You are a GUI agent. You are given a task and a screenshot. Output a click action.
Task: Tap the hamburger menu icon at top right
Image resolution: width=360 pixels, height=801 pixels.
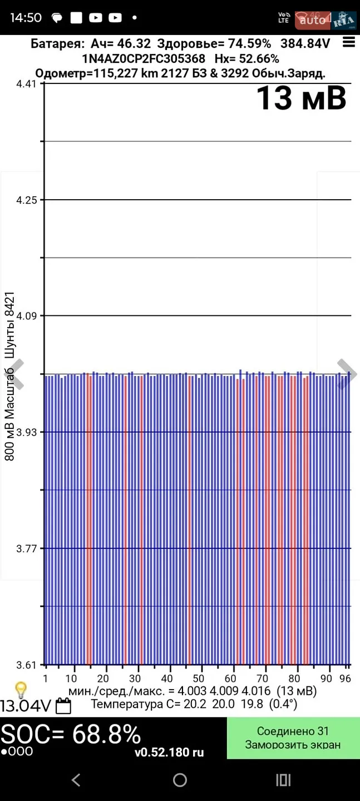point(348,42)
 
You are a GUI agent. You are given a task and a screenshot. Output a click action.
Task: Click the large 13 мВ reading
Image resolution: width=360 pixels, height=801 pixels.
point(302,98)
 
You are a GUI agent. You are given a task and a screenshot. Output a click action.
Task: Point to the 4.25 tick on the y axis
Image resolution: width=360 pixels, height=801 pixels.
point(27,200)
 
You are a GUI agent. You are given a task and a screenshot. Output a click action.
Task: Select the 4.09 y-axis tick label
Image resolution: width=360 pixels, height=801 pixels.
point(27,316)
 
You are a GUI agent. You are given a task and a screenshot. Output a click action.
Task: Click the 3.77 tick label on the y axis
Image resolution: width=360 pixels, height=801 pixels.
point(27,548)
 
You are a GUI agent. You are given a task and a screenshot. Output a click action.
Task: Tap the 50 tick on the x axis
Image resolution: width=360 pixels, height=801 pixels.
point(199,679)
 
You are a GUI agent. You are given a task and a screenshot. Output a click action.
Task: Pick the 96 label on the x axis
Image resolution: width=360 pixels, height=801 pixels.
point(345,679)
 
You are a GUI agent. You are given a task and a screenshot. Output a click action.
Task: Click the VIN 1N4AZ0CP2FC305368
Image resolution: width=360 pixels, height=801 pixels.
point(144,58)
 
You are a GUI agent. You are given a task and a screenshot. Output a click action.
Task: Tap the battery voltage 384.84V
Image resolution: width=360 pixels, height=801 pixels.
point(305,43)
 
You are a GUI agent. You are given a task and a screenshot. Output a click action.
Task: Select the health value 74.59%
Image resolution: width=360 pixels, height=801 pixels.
point(249,43)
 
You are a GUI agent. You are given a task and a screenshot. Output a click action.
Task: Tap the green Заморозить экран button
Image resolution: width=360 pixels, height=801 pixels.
point(293,738)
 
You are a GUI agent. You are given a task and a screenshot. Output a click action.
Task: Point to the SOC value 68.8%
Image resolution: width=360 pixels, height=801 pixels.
point(107,734)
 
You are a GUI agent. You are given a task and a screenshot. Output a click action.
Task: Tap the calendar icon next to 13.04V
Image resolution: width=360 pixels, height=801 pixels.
point(63,706)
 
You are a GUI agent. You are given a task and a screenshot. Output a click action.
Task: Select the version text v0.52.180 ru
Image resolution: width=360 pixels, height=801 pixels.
point(169,753)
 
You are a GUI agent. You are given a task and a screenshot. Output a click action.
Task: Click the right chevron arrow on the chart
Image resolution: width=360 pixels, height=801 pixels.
point(346,374)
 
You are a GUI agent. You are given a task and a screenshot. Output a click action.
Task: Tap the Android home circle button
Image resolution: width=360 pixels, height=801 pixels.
point(180,780)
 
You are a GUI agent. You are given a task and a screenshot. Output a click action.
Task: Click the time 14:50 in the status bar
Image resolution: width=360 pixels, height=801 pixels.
point(26,18)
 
